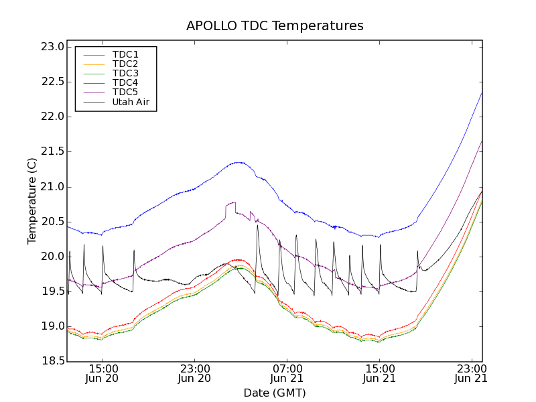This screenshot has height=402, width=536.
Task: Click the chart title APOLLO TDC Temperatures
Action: click(x=275, y=26)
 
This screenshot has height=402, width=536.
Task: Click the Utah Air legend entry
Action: click(x=131, y=102)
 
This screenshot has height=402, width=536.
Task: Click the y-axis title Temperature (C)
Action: click(x=32, y=201)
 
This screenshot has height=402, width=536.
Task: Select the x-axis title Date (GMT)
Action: click(x=275, y=393)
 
